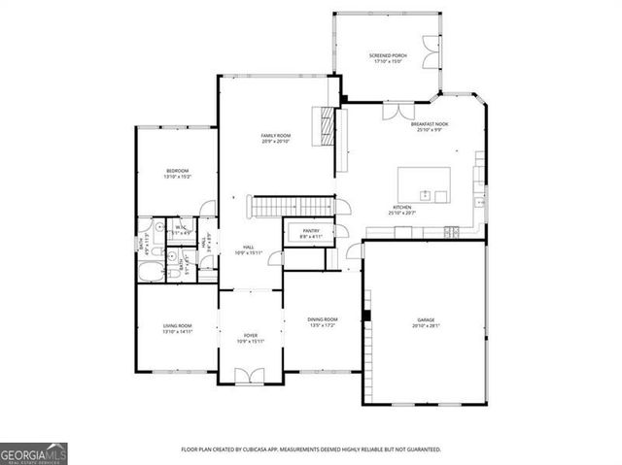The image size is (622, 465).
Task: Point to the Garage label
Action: click(427, 322)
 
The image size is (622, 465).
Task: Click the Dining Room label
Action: click(323, 321)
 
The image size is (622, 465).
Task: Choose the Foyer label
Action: click(251, 337)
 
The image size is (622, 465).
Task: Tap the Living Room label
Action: click(177, 328)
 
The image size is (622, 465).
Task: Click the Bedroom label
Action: click(177, 173)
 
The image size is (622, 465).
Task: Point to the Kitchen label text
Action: click(402, 209)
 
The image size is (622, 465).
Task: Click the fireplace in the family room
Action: click(325, 126)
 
